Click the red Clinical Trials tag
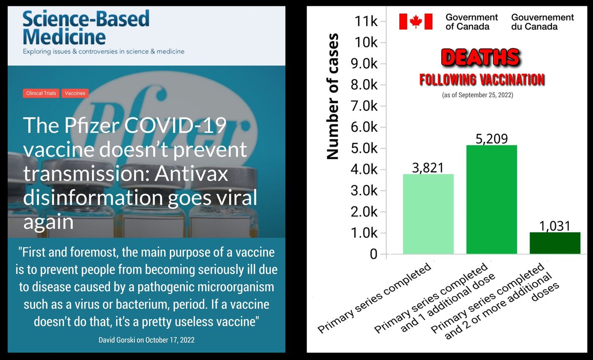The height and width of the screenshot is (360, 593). pyautogui.click(x=41, y=93)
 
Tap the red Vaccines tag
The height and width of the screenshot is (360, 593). pyautogui.click(x=75, y=93)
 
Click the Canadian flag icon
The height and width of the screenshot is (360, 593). pyautogui.click(x=416, y=21)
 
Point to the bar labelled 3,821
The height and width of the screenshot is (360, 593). pyautogui.click(x=428, y=214)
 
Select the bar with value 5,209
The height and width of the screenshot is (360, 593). pyautogui.click(x=492, y=200)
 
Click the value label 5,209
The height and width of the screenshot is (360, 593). pyautogui.click(x=492, y=139)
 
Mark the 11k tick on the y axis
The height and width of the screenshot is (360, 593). pyautogui.click(x=366, y=21)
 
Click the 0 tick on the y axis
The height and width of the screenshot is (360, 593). pyautogui.click(x=374, y=254)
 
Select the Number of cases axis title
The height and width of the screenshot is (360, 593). pyautogui.click(x=333, y=96)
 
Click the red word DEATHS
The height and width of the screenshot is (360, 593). pyautogui.click(x=479, y=57)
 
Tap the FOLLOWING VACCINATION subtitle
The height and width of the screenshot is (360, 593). pyautogui.click(x=482, y=79)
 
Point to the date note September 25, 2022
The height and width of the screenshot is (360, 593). pyautogui.click(x=477, y=94)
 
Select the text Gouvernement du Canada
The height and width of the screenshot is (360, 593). pyautogui.click(x=543, y=21)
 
